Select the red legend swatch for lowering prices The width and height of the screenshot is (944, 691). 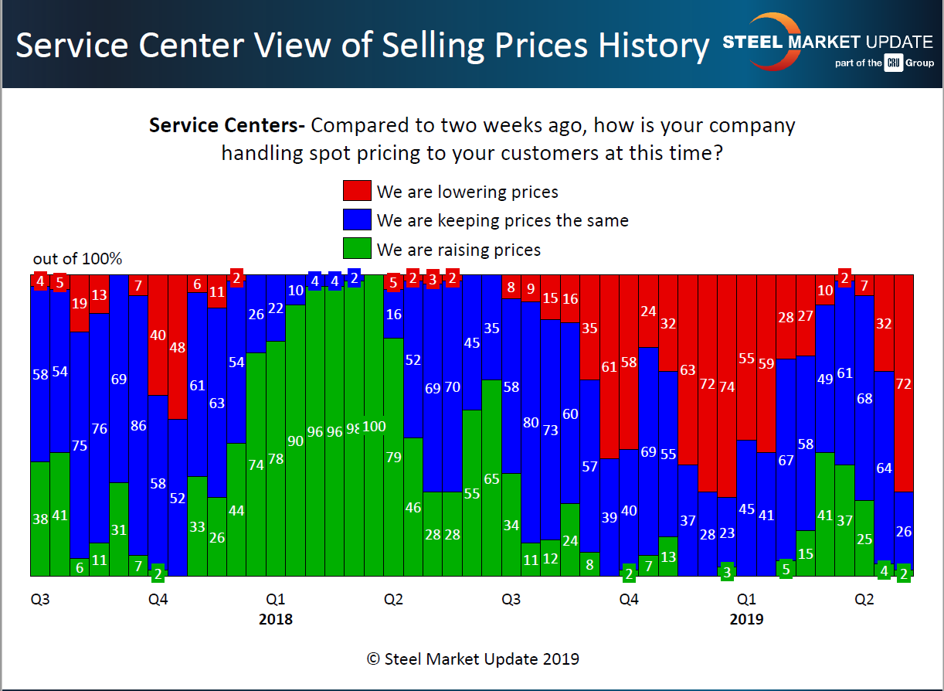(x=356, y=191)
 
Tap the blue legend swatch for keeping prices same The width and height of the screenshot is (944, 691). (x=356, y=220)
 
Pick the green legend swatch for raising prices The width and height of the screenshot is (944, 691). (x=356, y=249)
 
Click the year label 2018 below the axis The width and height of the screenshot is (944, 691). (x=276, y=619)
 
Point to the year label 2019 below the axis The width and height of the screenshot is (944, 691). (x=746, y=619)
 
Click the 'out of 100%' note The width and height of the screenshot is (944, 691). (x=77, y=259)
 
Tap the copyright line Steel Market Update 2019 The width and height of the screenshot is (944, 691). (x=472, y=659)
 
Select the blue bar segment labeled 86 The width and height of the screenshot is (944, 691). (x=138, y=425)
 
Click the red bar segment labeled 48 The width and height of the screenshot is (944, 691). (x=178, y=347)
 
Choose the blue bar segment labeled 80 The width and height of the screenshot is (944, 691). (x=531, y=423)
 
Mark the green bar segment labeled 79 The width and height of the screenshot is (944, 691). (x=393, y=457)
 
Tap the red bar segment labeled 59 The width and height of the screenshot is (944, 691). (x=766, y=363)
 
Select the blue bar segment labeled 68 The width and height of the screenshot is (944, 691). (x=864, y=398)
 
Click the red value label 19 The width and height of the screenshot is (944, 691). (x=80, y=303)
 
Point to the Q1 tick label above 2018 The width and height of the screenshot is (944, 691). (x=276, y=599)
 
